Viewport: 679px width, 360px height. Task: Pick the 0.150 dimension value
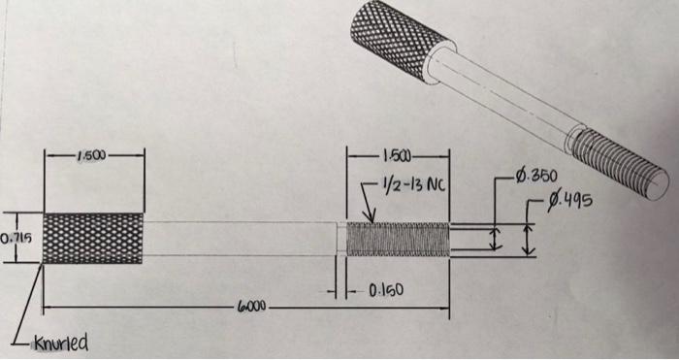384,290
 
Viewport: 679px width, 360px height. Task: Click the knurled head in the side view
94,238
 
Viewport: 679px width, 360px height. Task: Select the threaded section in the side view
398,239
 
